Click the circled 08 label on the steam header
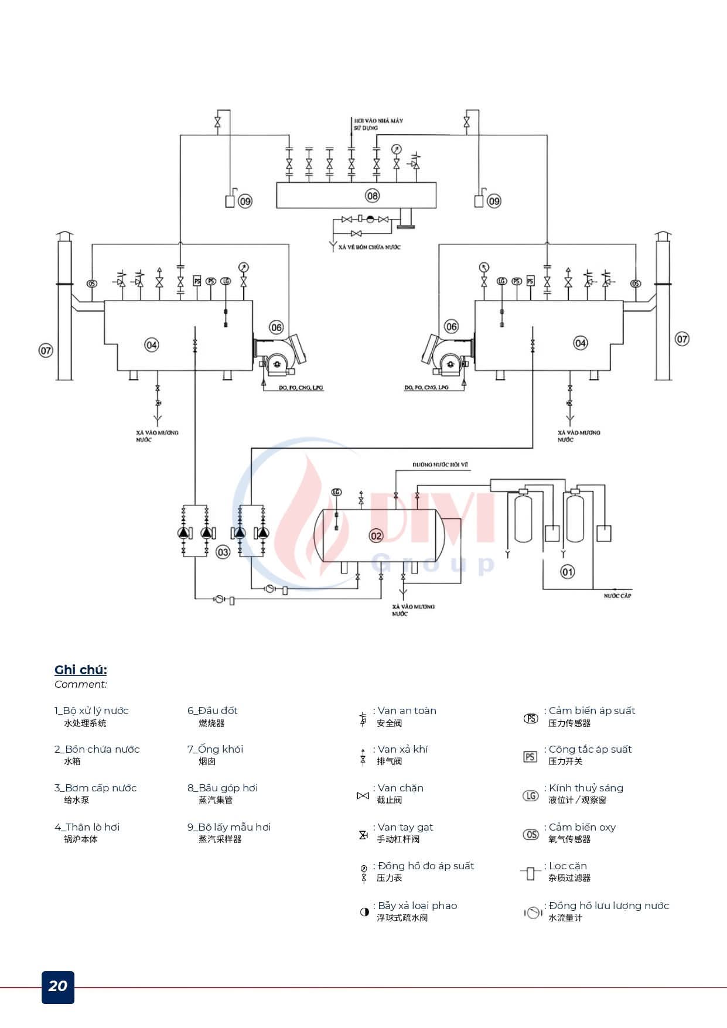373,196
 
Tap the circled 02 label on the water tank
376,535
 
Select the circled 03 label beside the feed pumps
223,552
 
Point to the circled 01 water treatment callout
568,572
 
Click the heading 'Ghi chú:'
81,670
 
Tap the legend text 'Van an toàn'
407,711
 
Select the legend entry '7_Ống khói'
215,749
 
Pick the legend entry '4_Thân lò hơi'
87,827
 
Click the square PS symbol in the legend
530,757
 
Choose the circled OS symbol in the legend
531,835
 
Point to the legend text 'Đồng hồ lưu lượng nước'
609,906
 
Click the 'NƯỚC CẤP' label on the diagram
617,596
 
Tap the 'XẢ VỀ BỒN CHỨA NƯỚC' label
370,247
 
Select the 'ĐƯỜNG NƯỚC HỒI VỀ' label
441,465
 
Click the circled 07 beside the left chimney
46,351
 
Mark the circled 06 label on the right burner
451,327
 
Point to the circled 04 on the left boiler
152,345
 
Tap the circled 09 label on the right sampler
494,201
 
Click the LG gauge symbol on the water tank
336,492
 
